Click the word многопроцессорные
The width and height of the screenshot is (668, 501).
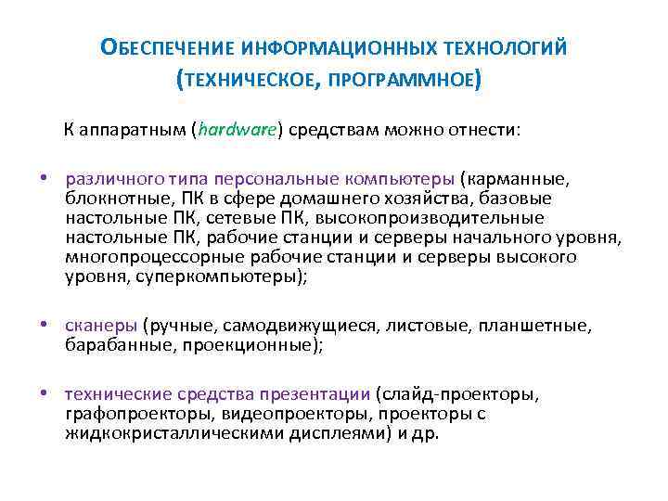(146, 256)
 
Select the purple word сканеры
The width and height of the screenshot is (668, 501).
(101, 327)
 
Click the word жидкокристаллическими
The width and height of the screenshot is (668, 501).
(163, 432)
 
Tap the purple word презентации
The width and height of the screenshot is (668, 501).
(315, 393)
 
